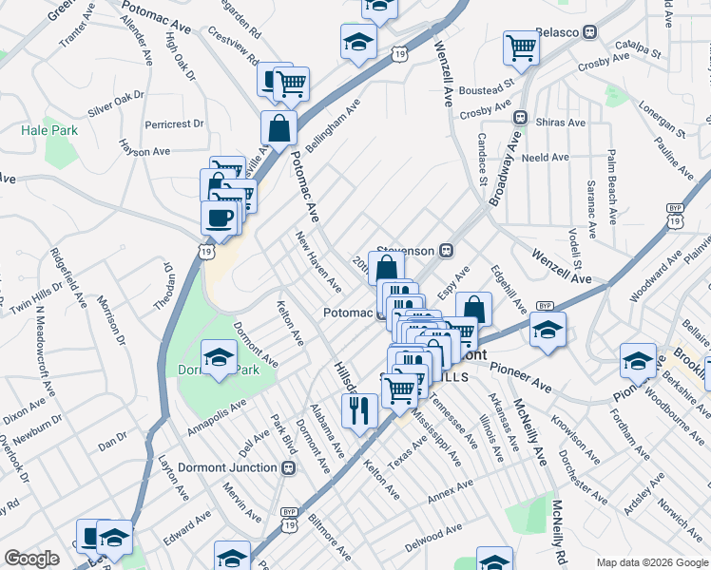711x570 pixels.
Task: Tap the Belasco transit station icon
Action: [x=590, y=31]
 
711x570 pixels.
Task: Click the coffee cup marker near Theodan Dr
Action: [x=220, y=217]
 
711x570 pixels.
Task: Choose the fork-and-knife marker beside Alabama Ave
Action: [x=358, y=410]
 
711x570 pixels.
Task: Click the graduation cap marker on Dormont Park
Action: [x=220, y=357]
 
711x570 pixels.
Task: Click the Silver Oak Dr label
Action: [x=115, y=104]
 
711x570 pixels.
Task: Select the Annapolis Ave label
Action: [x=217, y=415]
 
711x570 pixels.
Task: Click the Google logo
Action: [x=31, y=559]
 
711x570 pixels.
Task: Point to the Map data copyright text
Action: [x=652, y=561]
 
